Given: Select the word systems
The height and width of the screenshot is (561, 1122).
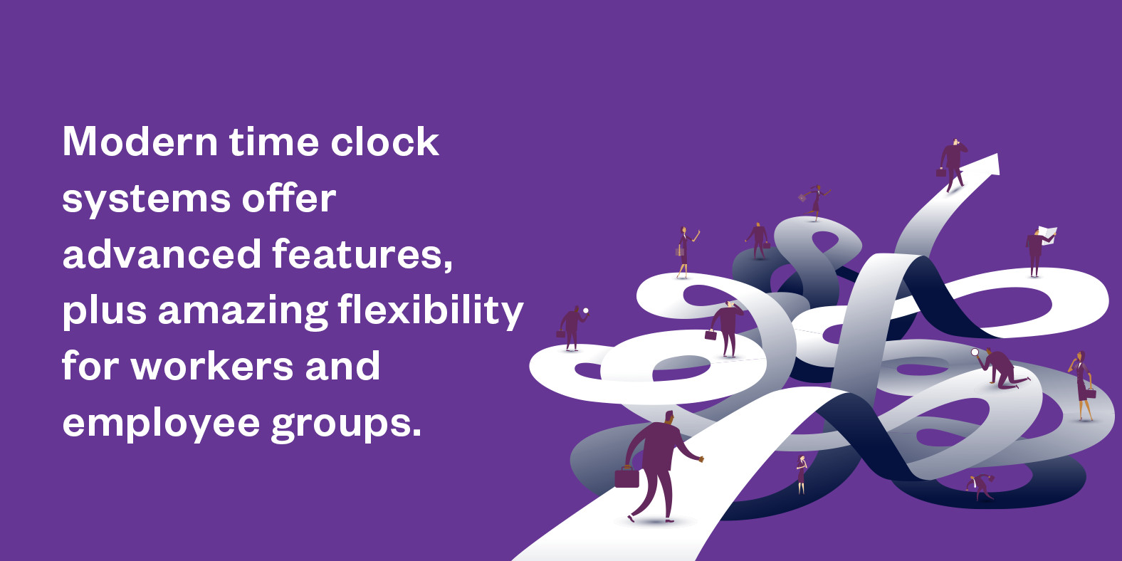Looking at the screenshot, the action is (x=146, y=199).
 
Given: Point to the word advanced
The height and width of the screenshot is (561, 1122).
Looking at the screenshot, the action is (x=162, y=253).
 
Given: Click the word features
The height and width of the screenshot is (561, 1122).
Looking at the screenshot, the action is (x=362, y=253).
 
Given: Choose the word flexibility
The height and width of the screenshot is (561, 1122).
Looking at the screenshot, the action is (x=431, y=310).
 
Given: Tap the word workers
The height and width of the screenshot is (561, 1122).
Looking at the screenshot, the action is (x=212, y=366).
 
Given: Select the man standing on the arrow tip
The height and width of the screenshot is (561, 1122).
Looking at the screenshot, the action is (x=952, y=165).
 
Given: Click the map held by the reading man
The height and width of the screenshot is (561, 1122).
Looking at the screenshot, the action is (x=1047, y=234).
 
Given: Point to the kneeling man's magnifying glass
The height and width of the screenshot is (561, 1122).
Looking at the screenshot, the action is (x=975, y=352).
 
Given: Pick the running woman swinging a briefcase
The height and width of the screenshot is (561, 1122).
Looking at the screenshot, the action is (x=815, y=202).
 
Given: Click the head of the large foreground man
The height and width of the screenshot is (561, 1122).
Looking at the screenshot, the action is (x=669, y=417).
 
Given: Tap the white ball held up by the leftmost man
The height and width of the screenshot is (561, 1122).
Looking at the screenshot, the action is (x=585, y=311).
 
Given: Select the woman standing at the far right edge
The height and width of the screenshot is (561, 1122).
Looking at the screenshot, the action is (x=1083, y=385).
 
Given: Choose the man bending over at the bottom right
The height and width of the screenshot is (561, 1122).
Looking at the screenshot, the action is (x=980, y=486).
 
